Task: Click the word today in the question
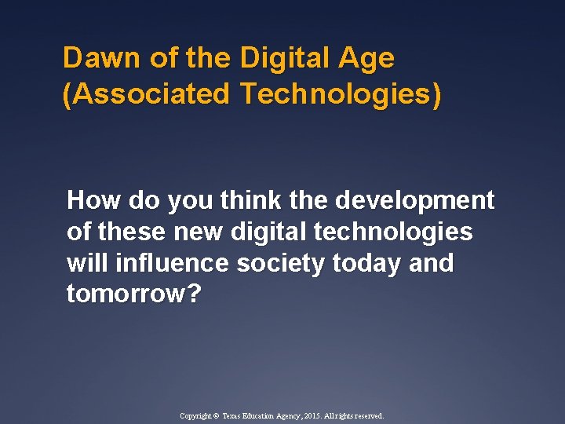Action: click(367, 264)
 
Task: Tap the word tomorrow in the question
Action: click(126, 294)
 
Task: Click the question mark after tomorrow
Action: click(195, 294)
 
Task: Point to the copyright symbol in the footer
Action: click(217, 416)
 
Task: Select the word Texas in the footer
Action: click(235, 416)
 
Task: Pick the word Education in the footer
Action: click(264, 416)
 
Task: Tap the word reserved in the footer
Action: click(367, 416)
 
